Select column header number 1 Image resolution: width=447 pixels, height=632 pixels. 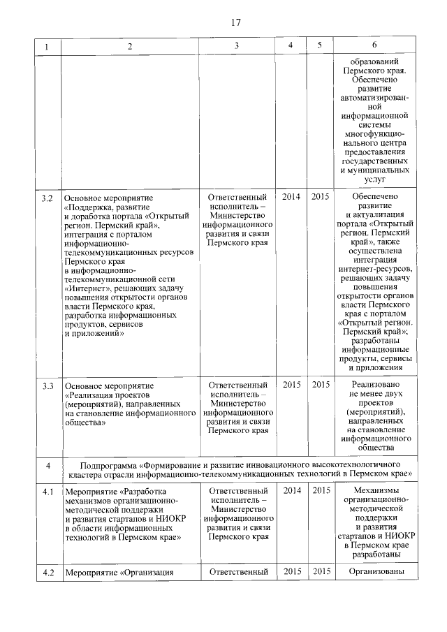[47, 46]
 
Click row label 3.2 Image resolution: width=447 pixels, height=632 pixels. [47, 198]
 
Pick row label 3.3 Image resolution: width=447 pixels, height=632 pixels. [47, 385]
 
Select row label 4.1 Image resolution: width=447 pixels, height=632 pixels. [47, 491]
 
